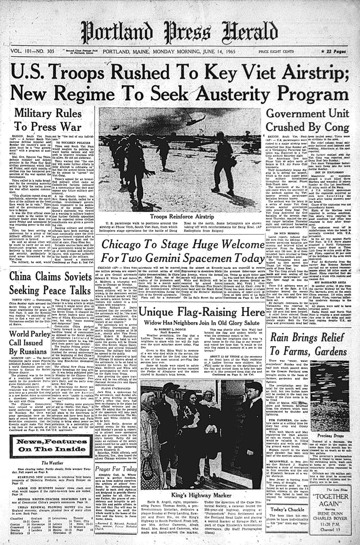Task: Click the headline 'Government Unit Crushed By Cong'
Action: pyautogui.click(x=307, y=121)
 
